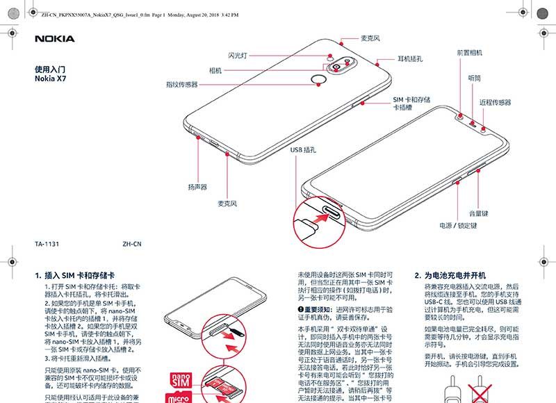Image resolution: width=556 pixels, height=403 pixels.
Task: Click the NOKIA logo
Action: (54, 39)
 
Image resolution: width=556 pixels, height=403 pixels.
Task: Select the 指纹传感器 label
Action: (181, 84)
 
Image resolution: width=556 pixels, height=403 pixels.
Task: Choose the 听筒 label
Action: (475, 79)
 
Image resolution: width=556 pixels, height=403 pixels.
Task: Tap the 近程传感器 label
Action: (495, 102)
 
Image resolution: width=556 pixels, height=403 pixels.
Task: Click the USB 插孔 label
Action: (303, 149)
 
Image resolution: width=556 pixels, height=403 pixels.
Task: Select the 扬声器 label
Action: (197, 187)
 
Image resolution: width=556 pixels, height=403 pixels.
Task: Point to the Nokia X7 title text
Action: (50, 79)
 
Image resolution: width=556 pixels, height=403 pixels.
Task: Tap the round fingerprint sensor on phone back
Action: (319, 79)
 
